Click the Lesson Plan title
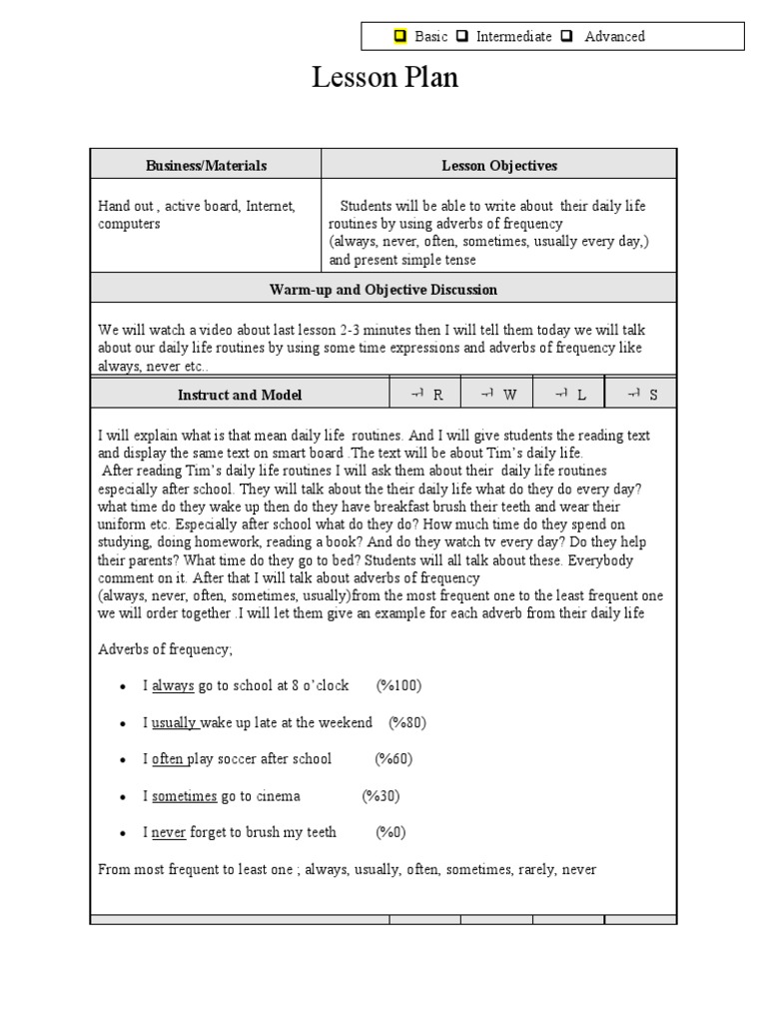tap(384, 78)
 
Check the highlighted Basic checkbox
tap(400, 37)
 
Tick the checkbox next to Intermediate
tap(461, 37)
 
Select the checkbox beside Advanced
tap(566, 37)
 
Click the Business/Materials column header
tap(206, 165)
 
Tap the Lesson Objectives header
tap(499, 165)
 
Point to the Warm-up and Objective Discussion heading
tap(383, 290)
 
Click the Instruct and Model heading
tap(240, 395)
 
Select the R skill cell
tap(425, 395)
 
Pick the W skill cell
tap(497, 395)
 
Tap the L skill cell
tap(569, 395)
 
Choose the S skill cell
tap(641, 395)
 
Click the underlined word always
tap(173, 685)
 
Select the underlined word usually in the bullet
tap(174, 722)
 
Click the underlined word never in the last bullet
tap(169, 832)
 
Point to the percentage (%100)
tap(398, 685)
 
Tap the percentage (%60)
tap(393, 759)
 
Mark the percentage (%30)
tap(381, 796)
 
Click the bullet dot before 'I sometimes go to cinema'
tap(122, 797)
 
